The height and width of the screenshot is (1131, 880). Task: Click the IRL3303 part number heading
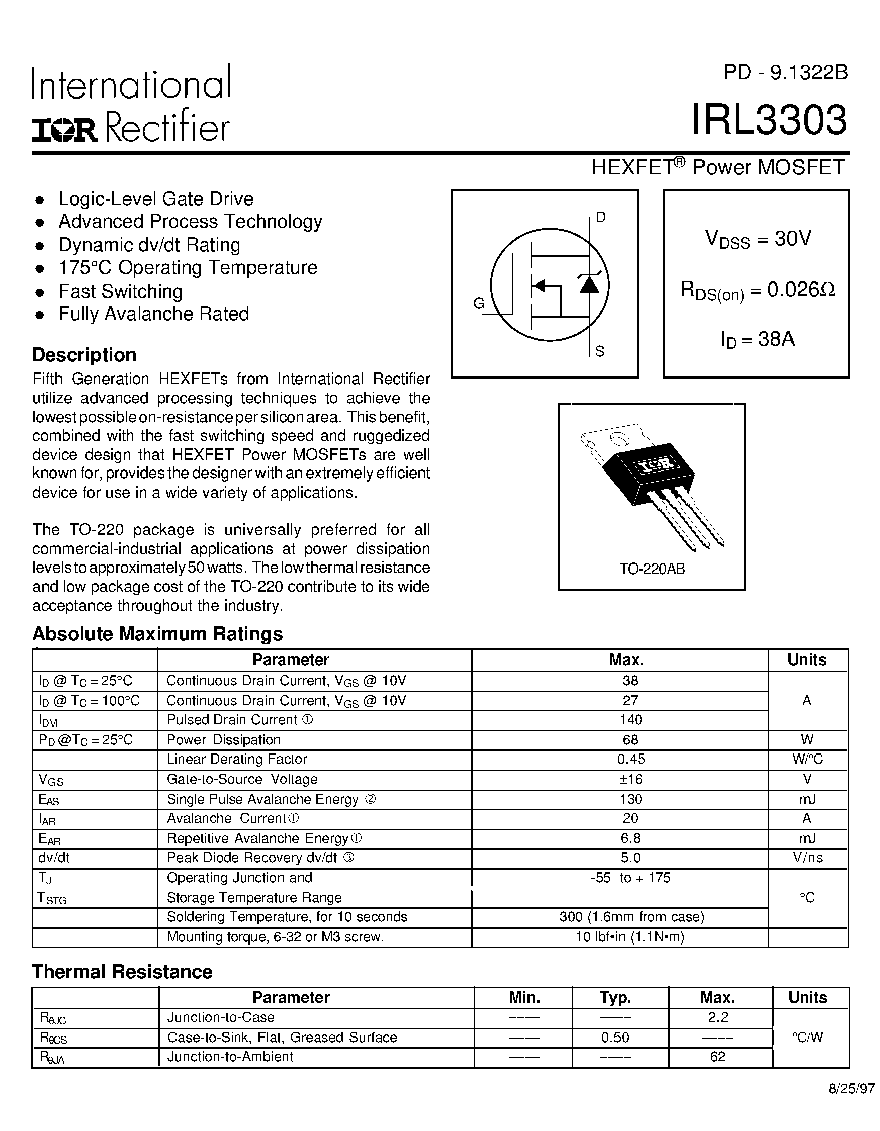coord(770,120)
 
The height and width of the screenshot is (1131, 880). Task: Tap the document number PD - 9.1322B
coord(786,73)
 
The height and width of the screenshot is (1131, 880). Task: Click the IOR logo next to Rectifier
coord(65,130)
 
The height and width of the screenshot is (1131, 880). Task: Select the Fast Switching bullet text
coord(120,291)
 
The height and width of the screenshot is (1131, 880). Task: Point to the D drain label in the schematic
coord(601,218)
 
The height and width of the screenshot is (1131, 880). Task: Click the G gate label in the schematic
coord(479,304)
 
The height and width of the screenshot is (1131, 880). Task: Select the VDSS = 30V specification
coord(757,239)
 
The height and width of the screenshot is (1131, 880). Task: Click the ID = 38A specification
coord(757,340)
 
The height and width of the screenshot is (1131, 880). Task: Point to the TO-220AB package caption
coord(652,569)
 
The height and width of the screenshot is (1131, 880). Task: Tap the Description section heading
coord(84,355)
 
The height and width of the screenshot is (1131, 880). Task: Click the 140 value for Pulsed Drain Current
coord(631,720)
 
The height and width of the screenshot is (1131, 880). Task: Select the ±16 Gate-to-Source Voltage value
coord(631,779)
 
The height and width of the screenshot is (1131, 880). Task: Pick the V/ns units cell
coord(807,858)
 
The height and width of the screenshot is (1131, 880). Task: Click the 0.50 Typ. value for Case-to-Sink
coord(615,1038)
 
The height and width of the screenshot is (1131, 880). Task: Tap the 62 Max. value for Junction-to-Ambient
coord(718,1057)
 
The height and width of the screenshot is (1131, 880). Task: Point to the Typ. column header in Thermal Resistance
coord(615,997)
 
